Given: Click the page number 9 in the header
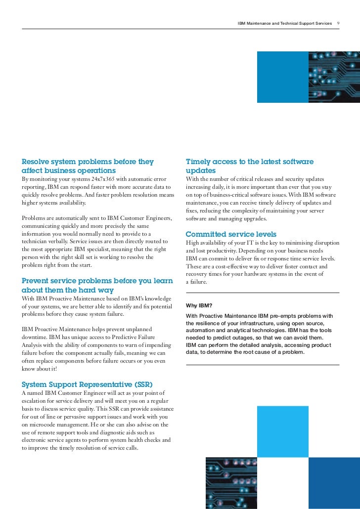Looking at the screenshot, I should click(x=338, y=23).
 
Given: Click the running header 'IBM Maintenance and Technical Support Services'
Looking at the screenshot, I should click(x=284, y=23).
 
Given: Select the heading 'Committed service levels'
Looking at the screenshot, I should click(x=231, y=234).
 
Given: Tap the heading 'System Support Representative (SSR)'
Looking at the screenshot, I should click(x=87, y=384).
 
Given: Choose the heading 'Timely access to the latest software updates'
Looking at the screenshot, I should click(x=249, y=166).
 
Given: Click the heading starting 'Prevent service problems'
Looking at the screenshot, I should click(x=97, y=285).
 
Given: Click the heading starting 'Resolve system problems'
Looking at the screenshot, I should click(x=88, y=166).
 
